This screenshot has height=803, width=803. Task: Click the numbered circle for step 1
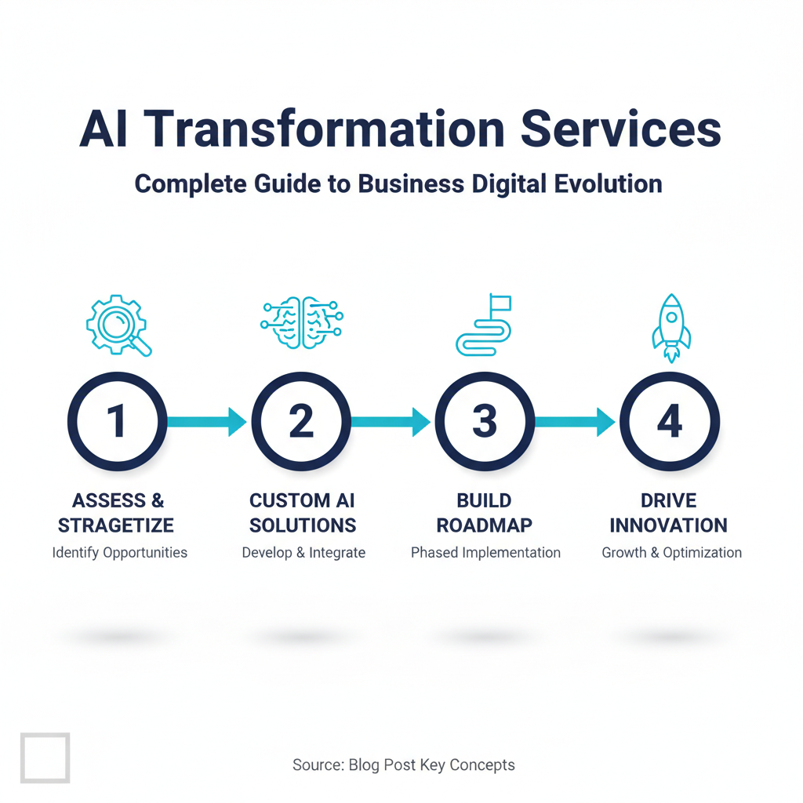(118, 380)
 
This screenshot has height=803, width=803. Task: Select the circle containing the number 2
(301, 380)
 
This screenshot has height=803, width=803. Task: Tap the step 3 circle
(485, 380)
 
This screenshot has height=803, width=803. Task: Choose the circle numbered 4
(670, 380)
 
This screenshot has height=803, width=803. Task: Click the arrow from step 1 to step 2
(207, 422)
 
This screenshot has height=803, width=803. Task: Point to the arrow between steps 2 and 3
(391, 422)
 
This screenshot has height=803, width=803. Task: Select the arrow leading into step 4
(575, 422)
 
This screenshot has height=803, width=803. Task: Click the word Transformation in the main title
(324, 129)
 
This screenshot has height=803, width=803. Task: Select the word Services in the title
(621, 129)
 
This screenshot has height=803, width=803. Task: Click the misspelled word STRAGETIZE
(116, 525)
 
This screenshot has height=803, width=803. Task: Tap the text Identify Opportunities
(120, 553)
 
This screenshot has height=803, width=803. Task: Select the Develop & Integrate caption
(303, 553)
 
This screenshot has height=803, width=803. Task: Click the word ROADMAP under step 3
(484, 525)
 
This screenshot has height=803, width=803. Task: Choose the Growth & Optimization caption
(671, 553)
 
